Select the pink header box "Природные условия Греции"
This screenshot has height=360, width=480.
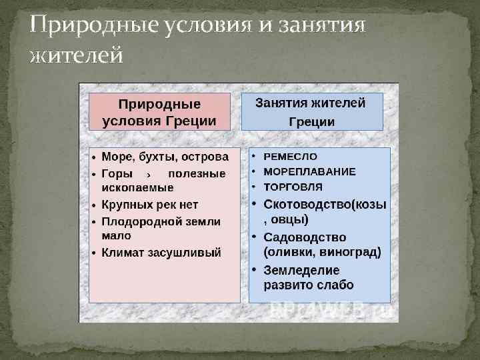pyautogui.click(x=159, y=112)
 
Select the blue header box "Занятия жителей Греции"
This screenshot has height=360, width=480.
pyautogui.click(x=311, y=112)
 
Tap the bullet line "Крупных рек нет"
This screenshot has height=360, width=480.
pyautogui.click(x=149, y=205)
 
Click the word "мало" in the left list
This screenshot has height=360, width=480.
pyautogui.click(x=116, y=236)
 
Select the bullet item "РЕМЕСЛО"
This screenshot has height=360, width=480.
pyautogui.click(x=291, y=156)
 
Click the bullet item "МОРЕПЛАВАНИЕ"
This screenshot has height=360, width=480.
pyautogui.click(x=310, y=171)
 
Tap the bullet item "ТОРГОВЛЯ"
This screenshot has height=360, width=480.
pyautogui.click(x=293, y=187)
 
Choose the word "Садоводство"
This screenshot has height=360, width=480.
pyautogui.click(x=305, y=237)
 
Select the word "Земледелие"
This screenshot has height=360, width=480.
pyautogui.click(x=302, y=271)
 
